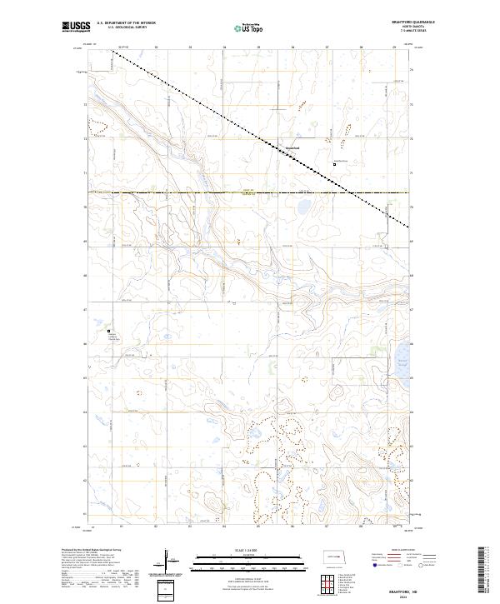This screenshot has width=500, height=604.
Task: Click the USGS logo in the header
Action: tap(77, 28)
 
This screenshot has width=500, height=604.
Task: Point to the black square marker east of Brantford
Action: tap(335, 164)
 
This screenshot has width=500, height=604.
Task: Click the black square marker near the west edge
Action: tap(108, 332)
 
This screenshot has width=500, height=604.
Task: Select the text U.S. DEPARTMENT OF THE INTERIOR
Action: tap(126, 23)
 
